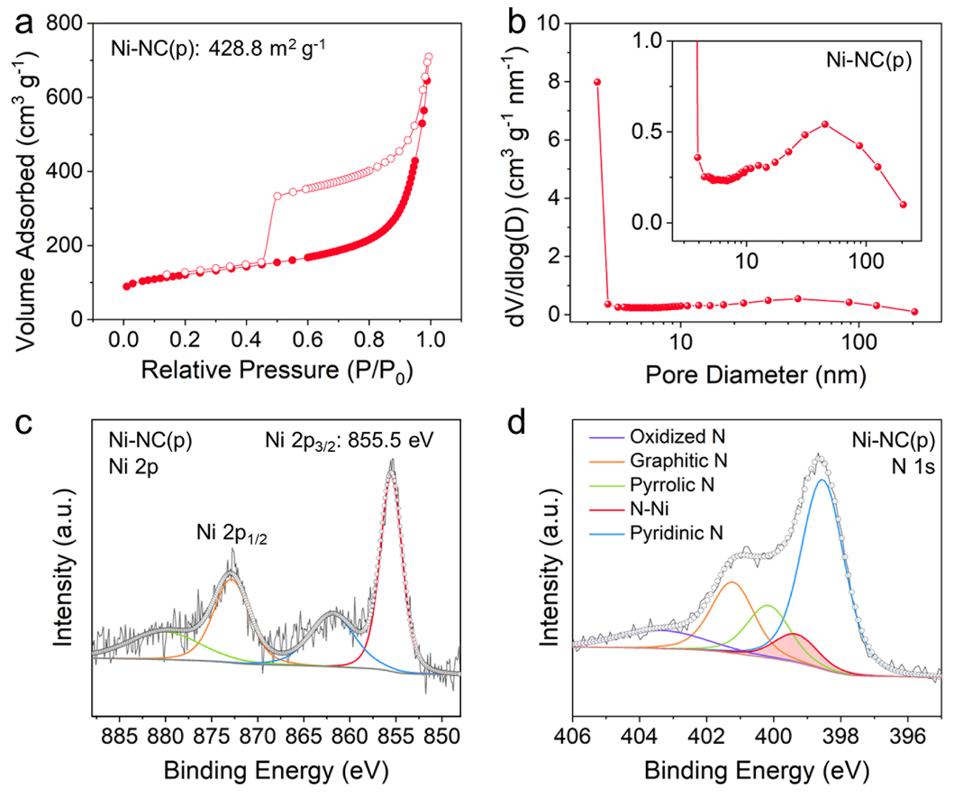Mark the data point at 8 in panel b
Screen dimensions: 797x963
596,82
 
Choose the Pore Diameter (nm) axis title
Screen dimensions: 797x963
748,372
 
